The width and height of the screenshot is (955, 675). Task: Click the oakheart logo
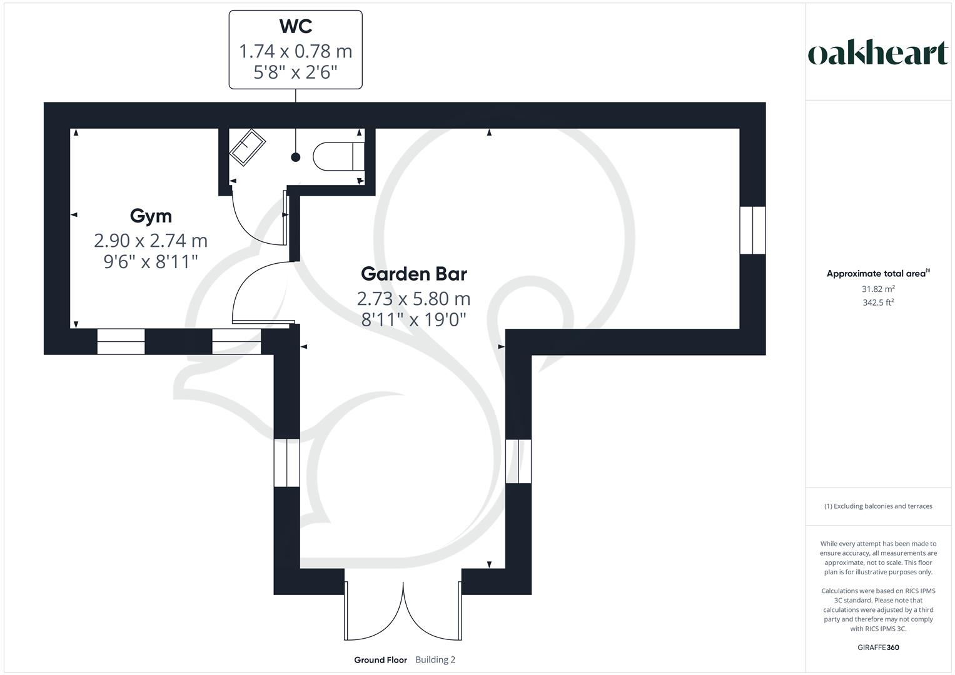click(x=877, y=54)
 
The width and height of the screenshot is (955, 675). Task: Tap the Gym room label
click(x=151, y=216)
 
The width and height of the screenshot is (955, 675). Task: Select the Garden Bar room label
click(x=414, y=274)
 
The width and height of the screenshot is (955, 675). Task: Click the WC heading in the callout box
click(x=295, y=26)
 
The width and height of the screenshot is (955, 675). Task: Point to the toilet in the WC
click(x=338, y=156)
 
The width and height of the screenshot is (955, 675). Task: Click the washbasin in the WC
click(x=248, y=147)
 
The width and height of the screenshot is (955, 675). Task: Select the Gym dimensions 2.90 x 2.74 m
click(x=151, y=240)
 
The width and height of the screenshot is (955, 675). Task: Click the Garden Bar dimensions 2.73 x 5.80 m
click(x=414, y=298)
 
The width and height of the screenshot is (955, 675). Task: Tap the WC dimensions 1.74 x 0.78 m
click(x=295, y=51)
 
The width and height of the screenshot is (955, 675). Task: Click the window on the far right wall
click(x=752, y=230)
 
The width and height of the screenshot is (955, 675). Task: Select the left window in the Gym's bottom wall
click(x=121, y=342)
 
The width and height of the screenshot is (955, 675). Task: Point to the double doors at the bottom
click(x=403, y=609)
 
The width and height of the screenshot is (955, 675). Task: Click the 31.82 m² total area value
click(x=878, y=289)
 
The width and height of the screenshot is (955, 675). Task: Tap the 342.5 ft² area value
click(x=878, y=302)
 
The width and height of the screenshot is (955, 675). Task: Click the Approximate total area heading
click(x=877, y=274)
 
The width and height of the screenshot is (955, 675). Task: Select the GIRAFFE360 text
click(x=878, y=647)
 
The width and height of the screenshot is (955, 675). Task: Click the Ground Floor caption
click(x=380, y=660)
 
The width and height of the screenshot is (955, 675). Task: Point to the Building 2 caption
click(x=435, y=660)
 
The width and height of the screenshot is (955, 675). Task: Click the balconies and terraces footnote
click(x=878, y=506)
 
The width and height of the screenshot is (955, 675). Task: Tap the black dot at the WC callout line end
click(x=295, y=157)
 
